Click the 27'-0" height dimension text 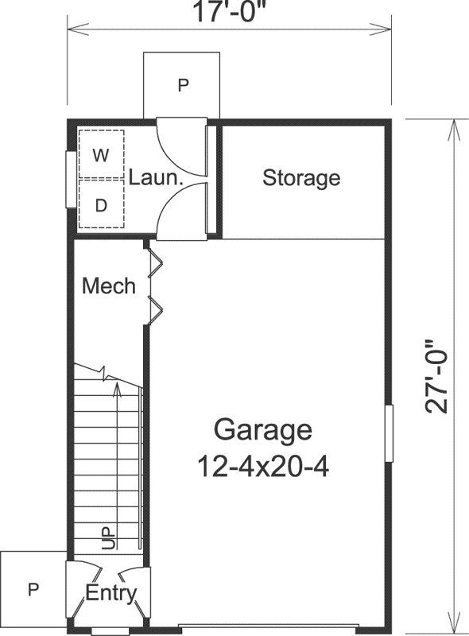tap(436, 376)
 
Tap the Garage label tap(262, 430)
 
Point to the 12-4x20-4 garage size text tap(263, 464)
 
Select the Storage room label tap(301, 177)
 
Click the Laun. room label tap(156, 178)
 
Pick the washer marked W tap(101, 155)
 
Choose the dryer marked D tap(101, 206)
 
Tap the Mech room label tap(109, 285)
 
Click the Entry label tap(111, 593)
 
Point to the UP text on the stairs tap(109, 537)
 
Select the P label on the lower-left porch tap(33, 589)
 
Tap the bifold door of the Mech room tap(154, 286)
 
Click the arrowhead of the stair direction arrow tap(118, 388)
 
